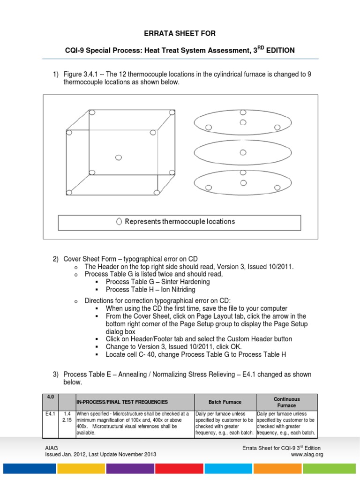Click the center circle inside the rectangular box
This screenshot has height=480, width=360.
[118, 157]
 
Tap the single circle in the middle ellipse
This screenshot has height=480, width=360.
[242, 152]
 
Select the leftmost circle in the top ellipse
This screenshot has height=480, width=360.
[209, 127]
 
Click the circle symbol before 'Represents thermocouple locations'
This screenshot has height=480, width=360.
[119, 222]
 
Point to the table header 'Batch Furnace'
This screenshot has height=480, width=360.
[225, 402]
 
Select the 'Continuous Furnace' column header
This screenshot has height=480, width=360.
[286, 402]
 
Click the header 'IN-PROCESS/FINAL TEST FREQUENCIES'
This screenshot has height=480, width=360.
[122, 402]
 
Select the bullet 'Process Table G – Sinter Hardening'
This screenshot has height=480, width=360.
[157, 282]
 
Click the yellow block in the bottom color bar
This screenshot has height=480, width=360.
[80, 468]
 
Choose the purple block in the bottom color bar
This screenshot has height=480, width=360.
[129, 468]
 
